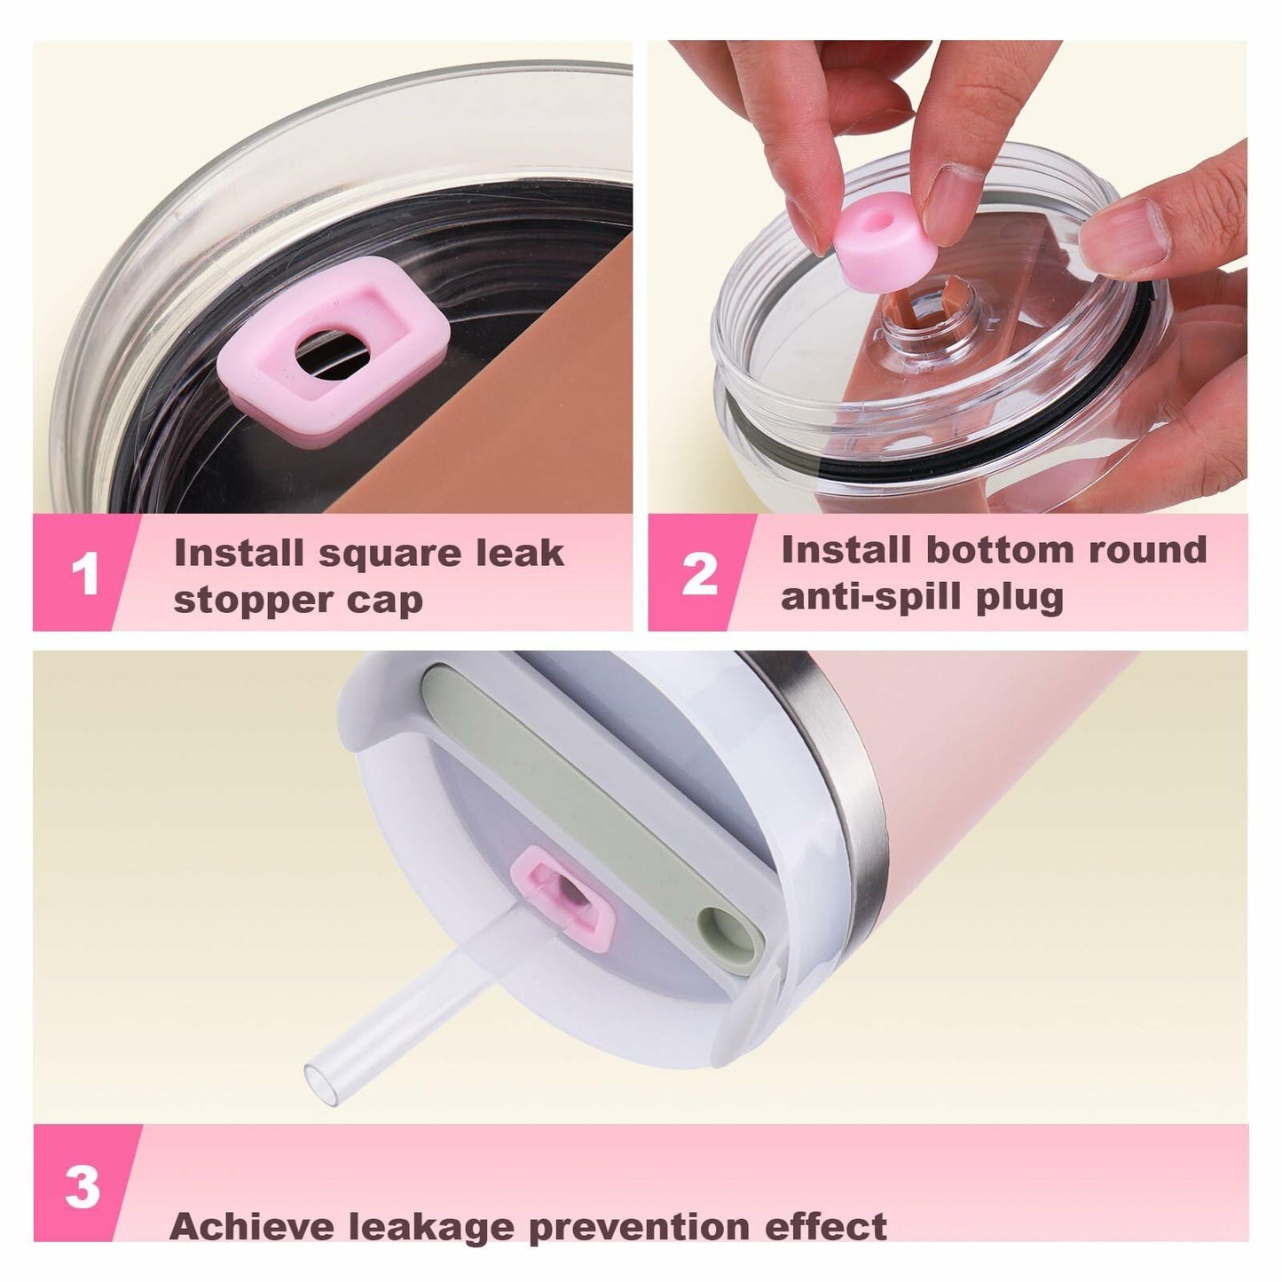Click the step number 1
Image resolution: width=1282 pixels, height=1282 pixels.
click(84, 573)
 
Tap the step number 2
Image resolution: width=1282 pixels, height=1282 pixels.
click(699, 573)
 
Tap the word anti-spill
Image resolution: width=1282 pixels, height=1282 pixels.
click(872, 597)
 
